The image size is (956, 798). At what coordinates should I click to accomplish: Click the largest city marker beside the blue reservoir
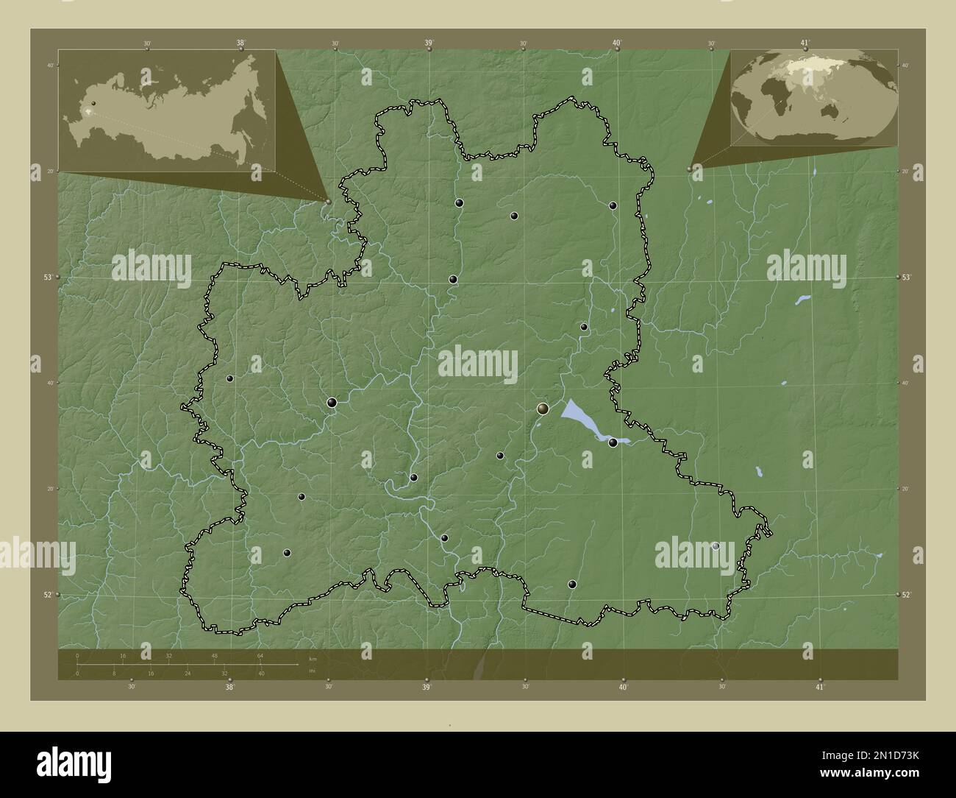[543, 408]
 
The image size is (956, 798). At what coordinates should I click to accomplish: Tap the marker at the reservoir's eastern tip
[613, 442]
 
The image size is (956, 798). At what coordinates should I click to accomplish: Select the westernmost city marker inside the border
[230, 378]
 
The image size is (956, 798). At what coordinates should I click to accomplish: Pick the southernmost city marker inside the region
[572, 585]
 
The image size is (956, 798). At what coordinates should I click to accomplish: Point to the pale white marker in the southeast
[716, 545]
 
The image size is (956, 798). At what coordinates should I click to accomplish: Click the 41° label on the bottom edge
[820, 688]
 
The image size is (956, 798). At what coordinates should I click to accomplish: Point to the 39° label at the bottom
[427, 688]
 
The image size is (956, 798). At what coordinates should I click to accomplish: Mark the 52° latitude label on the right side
[907, 594]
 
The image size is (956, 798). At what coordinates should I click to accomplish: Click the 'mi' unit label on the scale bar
[312, 669]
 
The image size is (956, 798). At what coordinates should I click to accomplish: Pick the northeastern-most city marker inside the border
[613, 205]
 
